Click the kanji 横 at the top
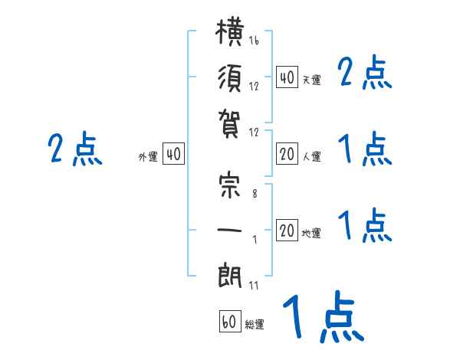[230, 31]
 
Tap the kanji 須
[230, 79]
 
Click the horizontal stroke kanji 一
[230, 230]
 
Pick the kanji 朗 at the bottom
[230, 277]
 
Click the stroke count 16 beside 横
[254, 40]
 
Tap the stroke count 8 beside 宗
[255, 194]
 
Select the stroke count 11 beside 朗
[254, 285]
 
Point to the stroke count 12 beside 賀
[254, 133]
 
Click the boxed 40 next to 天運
[287, 77]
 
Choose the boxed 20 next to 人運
[287, 154]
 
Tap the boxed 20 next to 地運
[287, 230]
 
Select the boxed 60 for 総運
[230, 321]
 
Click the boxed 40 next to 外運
[174, 154]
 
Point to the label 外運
[148, 157]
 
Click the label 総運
[255, 325]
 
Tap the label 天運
[311, 80]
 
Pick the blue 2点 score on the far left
[75, 149]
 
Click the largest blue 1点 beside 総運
[324, 316]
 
